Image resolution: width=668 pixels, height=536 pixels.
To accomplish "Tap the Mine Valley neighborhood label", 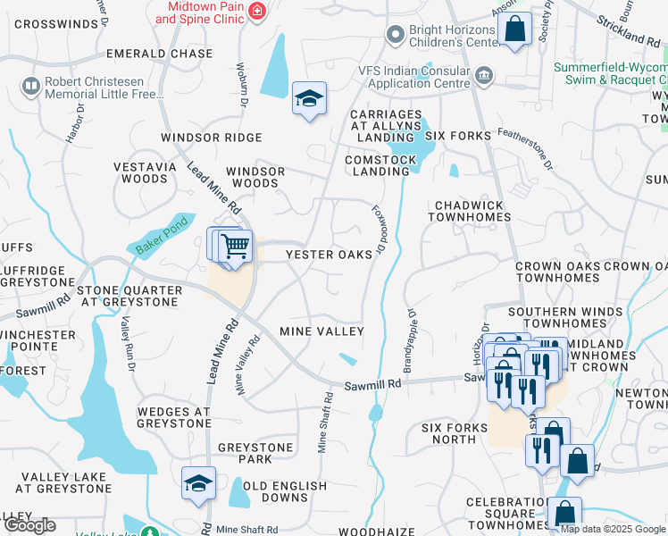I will point(321,331).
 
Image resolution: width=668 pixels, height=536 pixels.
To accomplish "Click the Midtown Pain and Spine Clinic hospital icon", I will point(257,11).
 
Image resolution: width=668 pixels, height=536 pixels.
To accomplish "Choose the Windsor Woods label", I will point(255,177).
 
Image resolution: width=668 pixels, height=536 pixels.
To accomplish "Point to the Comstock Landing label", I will point(381,165).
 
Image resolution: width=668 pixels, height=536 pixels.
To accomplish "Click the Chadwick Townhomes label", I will point(470,212).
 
